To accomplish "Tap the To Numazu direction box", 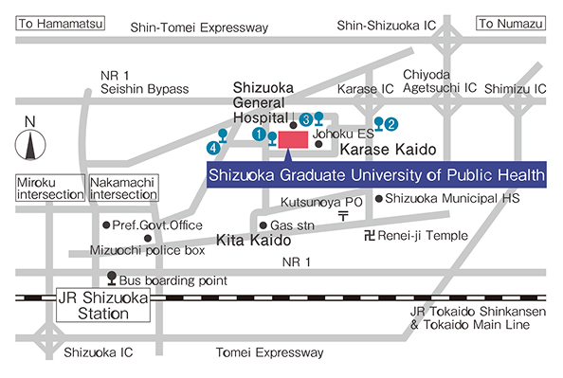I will [x=511, y=23].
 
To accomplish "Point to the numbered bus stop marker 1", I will [x=258, y=135].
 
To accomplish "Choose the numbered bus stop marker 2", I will [x=391, y=122].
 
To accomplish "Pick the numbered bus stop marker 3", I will [x=306, y=118].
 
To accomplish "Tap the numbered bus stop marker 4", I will [x=214, y=148].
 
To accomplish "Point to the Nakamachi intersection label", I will [x=123, y=187].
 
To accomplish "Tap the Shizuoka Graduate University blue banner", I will [x=375, y=175].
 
